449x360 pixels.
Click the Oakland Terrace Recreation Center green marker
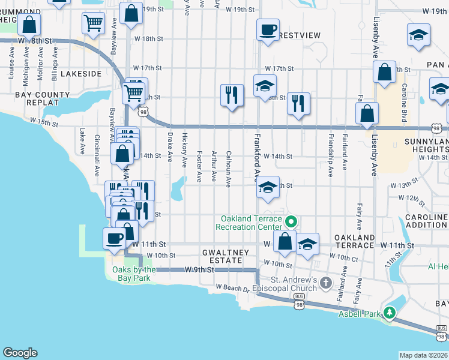(291, 222)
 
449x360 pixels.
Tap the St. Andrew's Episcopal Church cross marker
(325, 282)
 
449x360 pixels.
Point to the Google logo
(20, 352)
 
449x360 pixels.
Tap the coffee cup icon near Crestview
(268, 29)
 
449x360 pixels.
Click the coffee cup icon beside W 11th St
(114, 239)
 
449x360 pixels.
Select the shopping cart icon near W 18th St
(93, 24)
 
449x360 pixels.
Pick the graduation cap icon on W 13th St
(268, 187)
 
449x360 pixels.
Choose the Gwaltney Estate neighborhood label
(225, 253)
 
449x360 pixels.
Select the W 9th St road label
(199, 269)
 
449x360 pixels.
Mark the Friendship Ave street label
(330, 159)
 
